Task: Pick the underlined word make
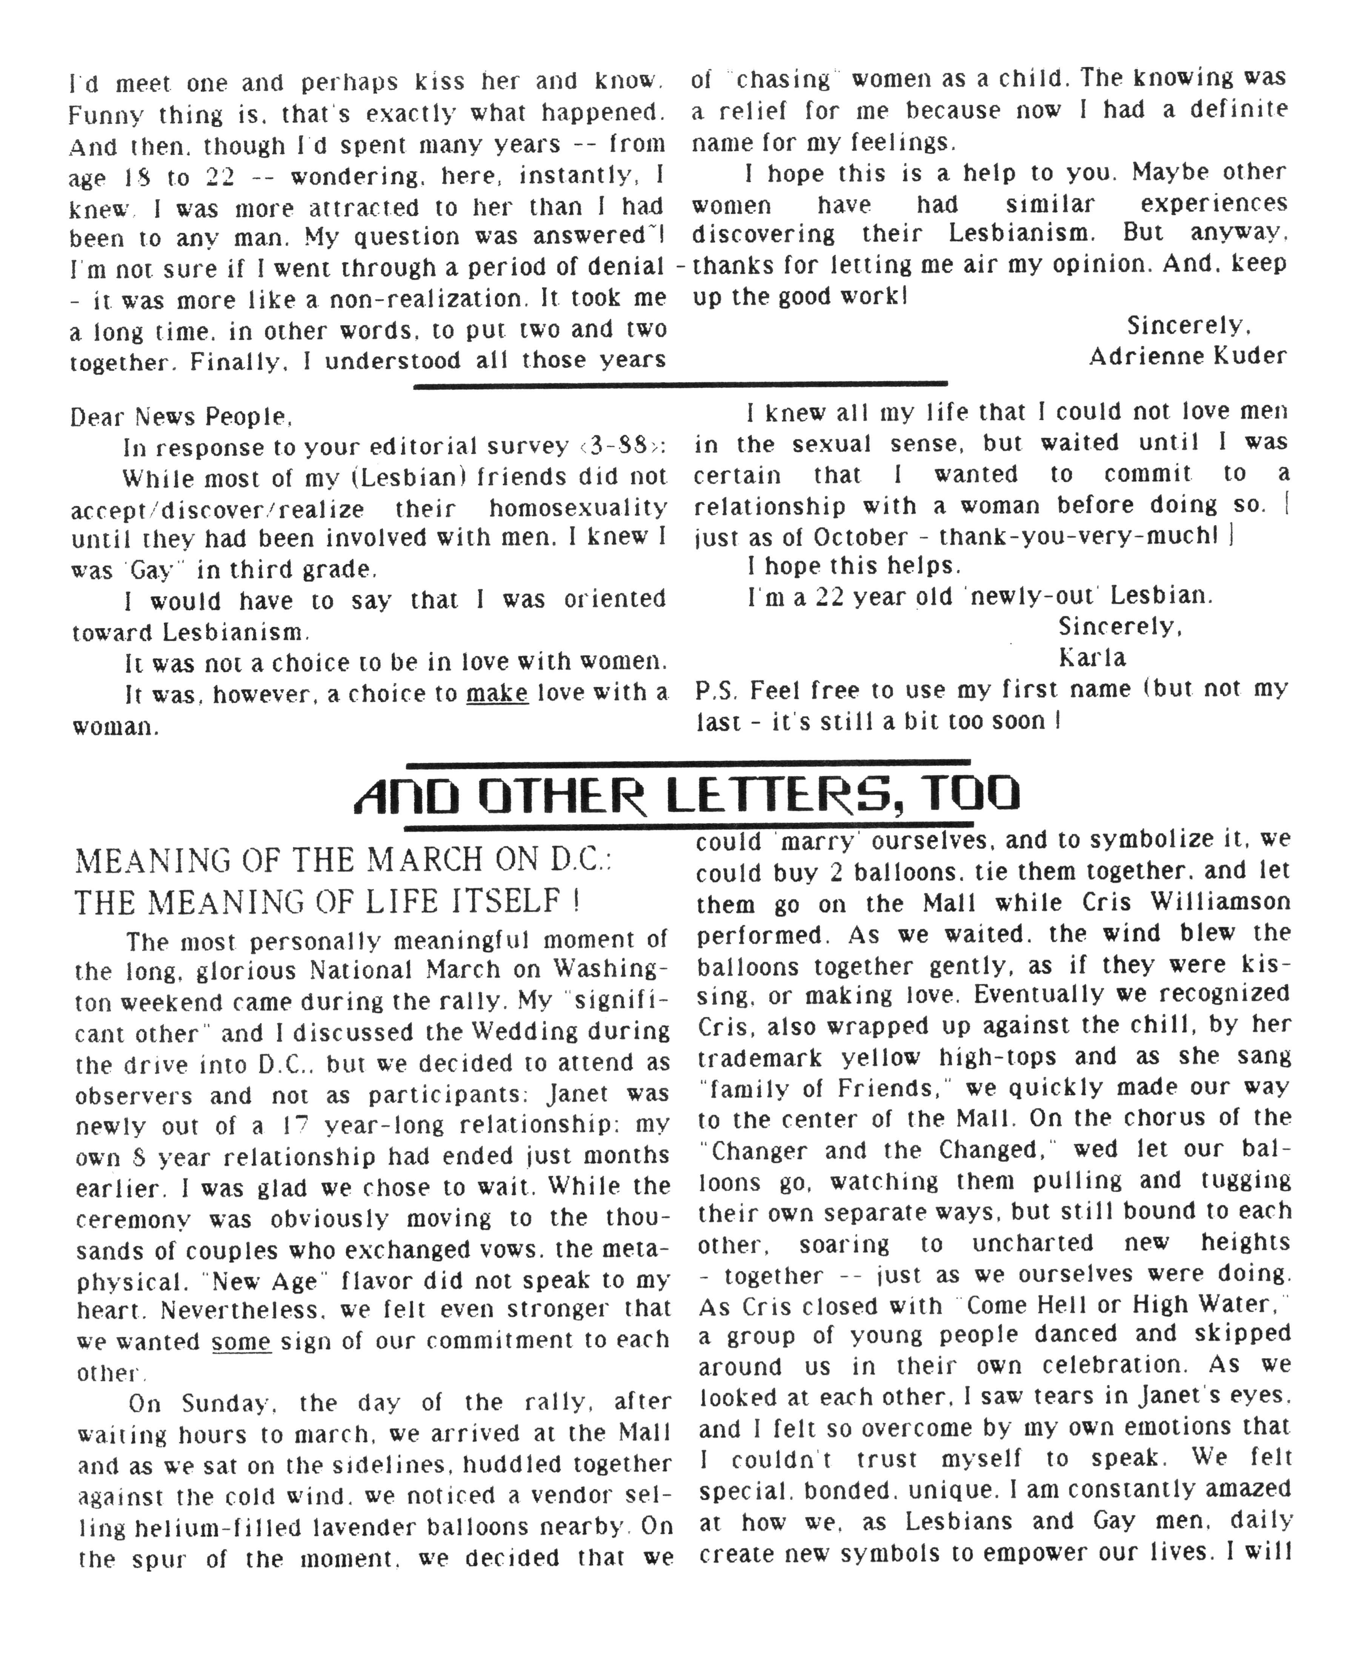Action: [497, 692]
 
